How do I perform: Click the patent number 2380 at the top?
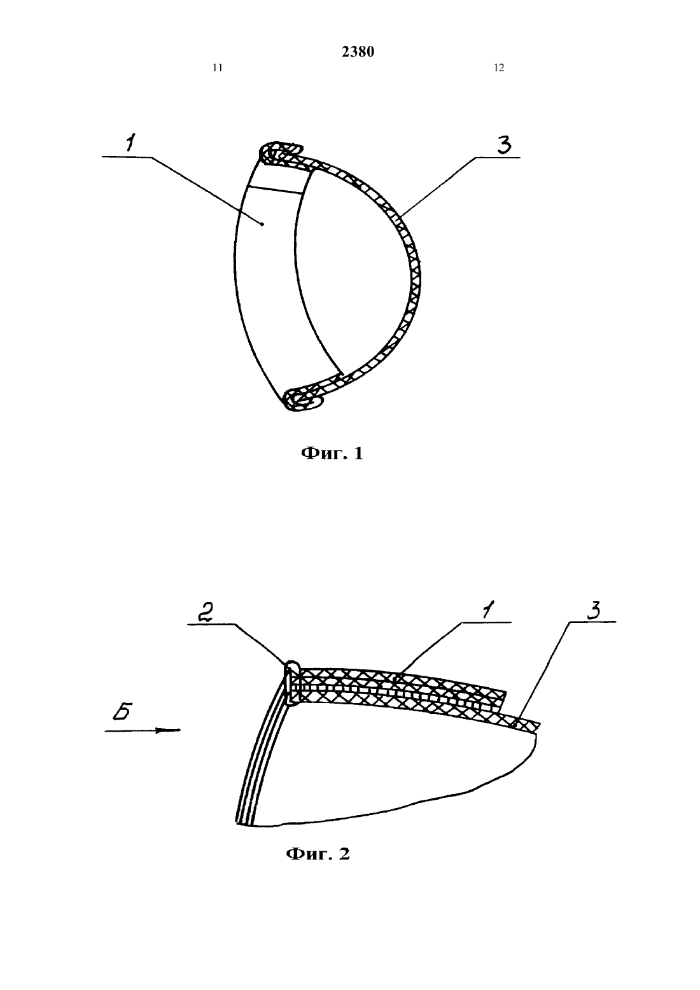[x=358, y=52]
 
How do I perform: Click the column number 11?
[x=218, y=68]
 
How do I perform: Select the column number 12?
[x=499, y=68]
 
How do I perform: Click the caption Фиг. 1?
[x=332, y=453]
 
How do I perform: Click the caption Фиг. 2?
[x=318, y=854]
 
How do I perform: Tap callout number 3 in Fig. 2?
[x=594, y=611]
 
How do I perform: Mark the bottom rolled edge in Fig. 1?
[x=304, y=400]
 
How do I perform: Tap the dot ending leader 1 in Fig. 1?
[x=262, y=225]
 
